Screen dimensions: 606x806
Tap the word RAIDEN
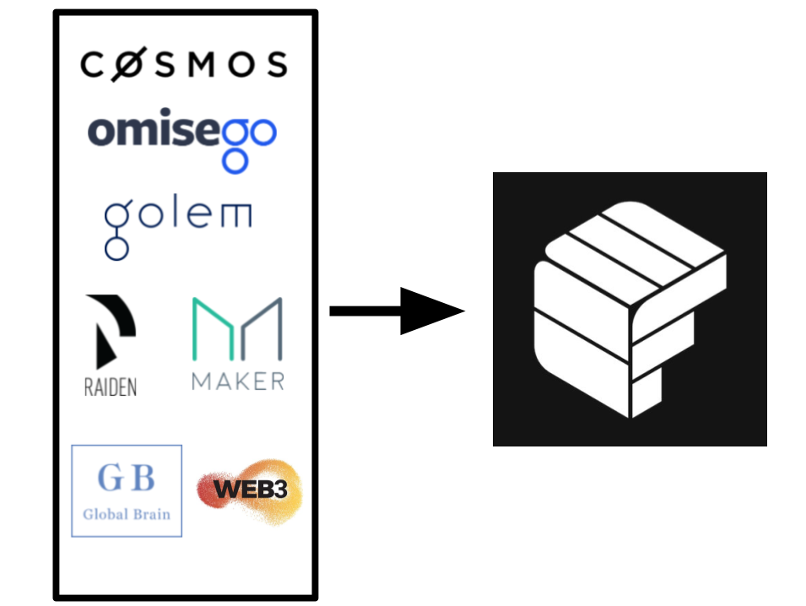click(x=111, y=387)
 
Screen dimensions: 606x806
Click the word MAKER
click(x=237, y=381)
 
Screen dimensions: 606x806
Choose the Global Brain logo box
click(x=127, y=490)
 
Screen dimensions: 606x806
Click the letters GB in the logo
click(x=127, y=479)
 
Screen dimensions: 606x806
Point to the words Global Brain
click(x=127, y=513)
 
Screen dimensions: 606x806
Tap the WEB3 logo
click(x=248, y=490)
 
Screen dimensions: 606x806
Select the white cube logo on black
click(x=630, y=309)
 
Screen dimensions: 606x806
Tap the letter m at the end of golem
click(x=235, y=219)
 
